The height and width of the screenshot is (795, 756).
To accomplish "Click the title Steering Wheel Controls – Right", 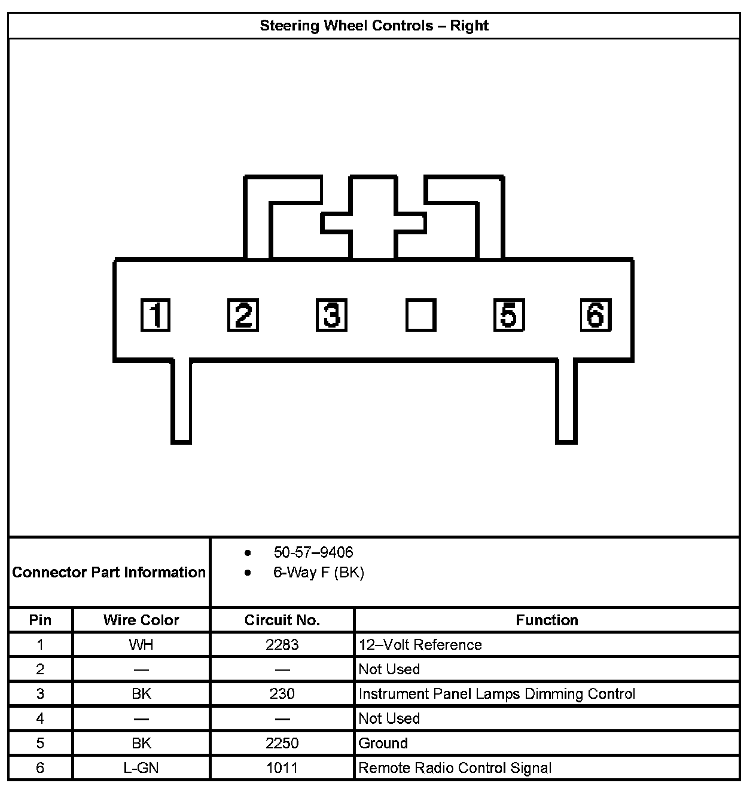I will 374,26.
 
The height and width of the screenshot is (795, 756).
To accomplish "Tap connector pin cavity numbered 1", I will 156,315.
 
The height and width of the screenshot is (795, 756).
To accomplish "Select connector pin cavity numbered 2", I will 243,314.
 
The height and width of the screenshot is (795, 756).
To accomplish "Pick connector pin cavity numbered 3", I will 331,315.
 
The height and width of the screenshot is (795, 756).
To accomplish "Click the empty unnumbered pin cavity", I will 420,315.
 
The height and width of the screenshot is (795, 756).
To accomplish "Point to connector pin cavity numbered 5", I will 508,315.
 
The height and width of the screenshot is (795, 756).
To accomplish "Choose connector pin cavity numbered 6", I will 596,314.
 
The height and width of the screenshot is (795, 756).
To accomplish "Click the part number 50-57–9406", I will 313,552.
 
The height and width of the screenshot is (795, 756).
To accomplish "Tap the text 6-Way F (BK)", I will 318,573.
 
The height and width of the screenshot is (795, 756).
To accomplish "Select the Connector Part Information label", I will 109,573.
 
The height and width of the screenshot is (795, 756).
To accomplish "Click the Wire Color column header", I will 141,620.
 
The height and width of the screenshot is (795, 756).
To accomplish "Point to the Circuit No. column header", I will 282,620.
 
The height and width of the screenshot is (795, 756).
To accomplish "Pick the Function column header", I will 547,620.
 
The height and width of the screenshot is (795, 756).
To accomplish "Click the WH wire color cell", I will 141,645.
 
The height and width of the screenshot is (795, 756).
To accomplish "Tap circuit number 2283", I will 282,645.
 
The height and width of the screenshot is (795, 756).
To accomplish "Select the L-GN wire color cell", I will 141,768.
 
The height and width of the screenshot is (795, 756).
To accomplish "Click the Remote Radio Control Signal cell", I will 455,768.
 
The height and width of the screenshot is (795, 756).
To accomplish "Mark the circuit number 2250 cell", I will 282,744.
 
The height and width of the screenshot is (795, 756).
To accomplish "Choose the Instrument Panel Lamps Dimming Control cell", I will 496,694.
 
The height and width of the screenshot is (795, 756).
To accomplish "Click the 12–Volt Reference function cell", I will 420,645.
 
